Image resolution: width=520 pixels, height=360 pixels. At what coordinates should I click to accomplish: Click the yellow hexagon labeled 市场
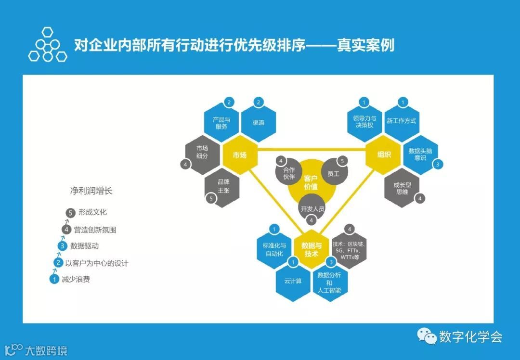coord(239,155)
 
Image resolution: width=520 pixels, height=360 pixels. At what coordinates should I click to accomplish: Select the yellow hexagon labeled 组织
coord(384,155)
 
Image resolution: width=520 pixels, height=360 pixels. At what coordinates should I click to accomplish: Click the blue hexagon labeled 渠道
coord(258,123)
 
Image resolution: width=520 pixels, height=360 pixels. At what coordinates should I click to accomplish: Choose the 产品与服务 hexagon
coord(221,123)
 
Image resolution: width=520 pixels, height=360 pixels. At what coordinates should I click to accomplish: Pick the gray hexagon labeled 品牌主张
coord(223,186)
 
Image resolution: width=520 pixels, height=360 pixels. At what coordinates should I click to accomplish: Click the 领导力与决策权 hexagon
coord(364,121)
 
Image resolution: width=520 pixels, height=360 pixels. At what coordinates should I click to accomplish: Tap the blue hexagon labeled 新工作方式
coord(401,121)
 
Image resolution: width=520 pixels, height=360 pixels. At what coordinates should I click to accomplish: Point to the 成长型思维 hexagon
coord(402,188)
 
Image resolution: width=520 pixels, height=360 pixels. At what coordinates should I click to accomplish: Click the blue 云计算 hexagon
coord(293,281)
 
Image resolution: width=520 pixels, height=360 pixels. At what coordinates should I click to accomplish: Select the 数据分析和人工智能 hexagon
coord(329,282)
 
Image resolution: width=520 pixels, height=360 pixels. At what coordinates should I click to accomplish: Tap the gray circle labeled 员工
coord(333,173)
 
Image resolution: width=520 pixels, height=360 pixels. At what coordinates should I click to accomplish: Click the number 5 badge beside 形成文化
coord(71,212)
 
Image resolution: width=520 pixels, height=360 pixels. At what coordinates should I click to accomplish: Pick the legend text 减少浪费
coord(76,279)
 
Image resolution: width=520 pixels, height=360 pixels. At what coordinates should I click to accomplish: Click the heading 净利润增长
coord(91,191)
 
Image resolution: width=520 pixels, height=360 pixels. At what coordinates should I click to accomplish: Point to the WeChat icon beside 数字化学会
coord(426,335)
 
